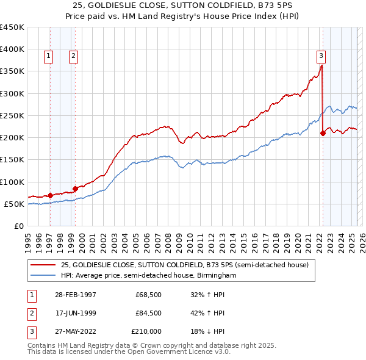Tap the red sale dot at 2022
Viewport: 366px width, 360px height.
(x=323, y=134)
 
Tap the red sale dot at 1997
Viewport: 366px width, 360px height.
(x=51, y=196)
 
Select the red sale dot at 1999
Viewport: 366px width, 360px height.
(x=75, y=189)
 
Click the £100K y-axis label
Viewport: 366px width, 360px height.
(x=12, y=182)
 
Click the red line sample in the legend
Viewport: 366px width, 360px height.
(x=43, y=265)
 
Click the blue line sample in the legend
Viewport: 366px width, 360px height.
(x=43, y=276)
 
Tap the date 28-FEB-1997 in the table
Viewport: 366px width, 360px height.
(x=76, y=295)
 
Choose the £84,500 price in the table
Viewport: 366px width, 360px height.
(x=148, y=313)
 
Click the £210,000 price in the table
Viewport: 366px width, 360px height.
(x=147, y=331)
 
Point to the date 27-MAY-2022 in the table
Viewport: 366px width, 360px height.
(x=76, y=331)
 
